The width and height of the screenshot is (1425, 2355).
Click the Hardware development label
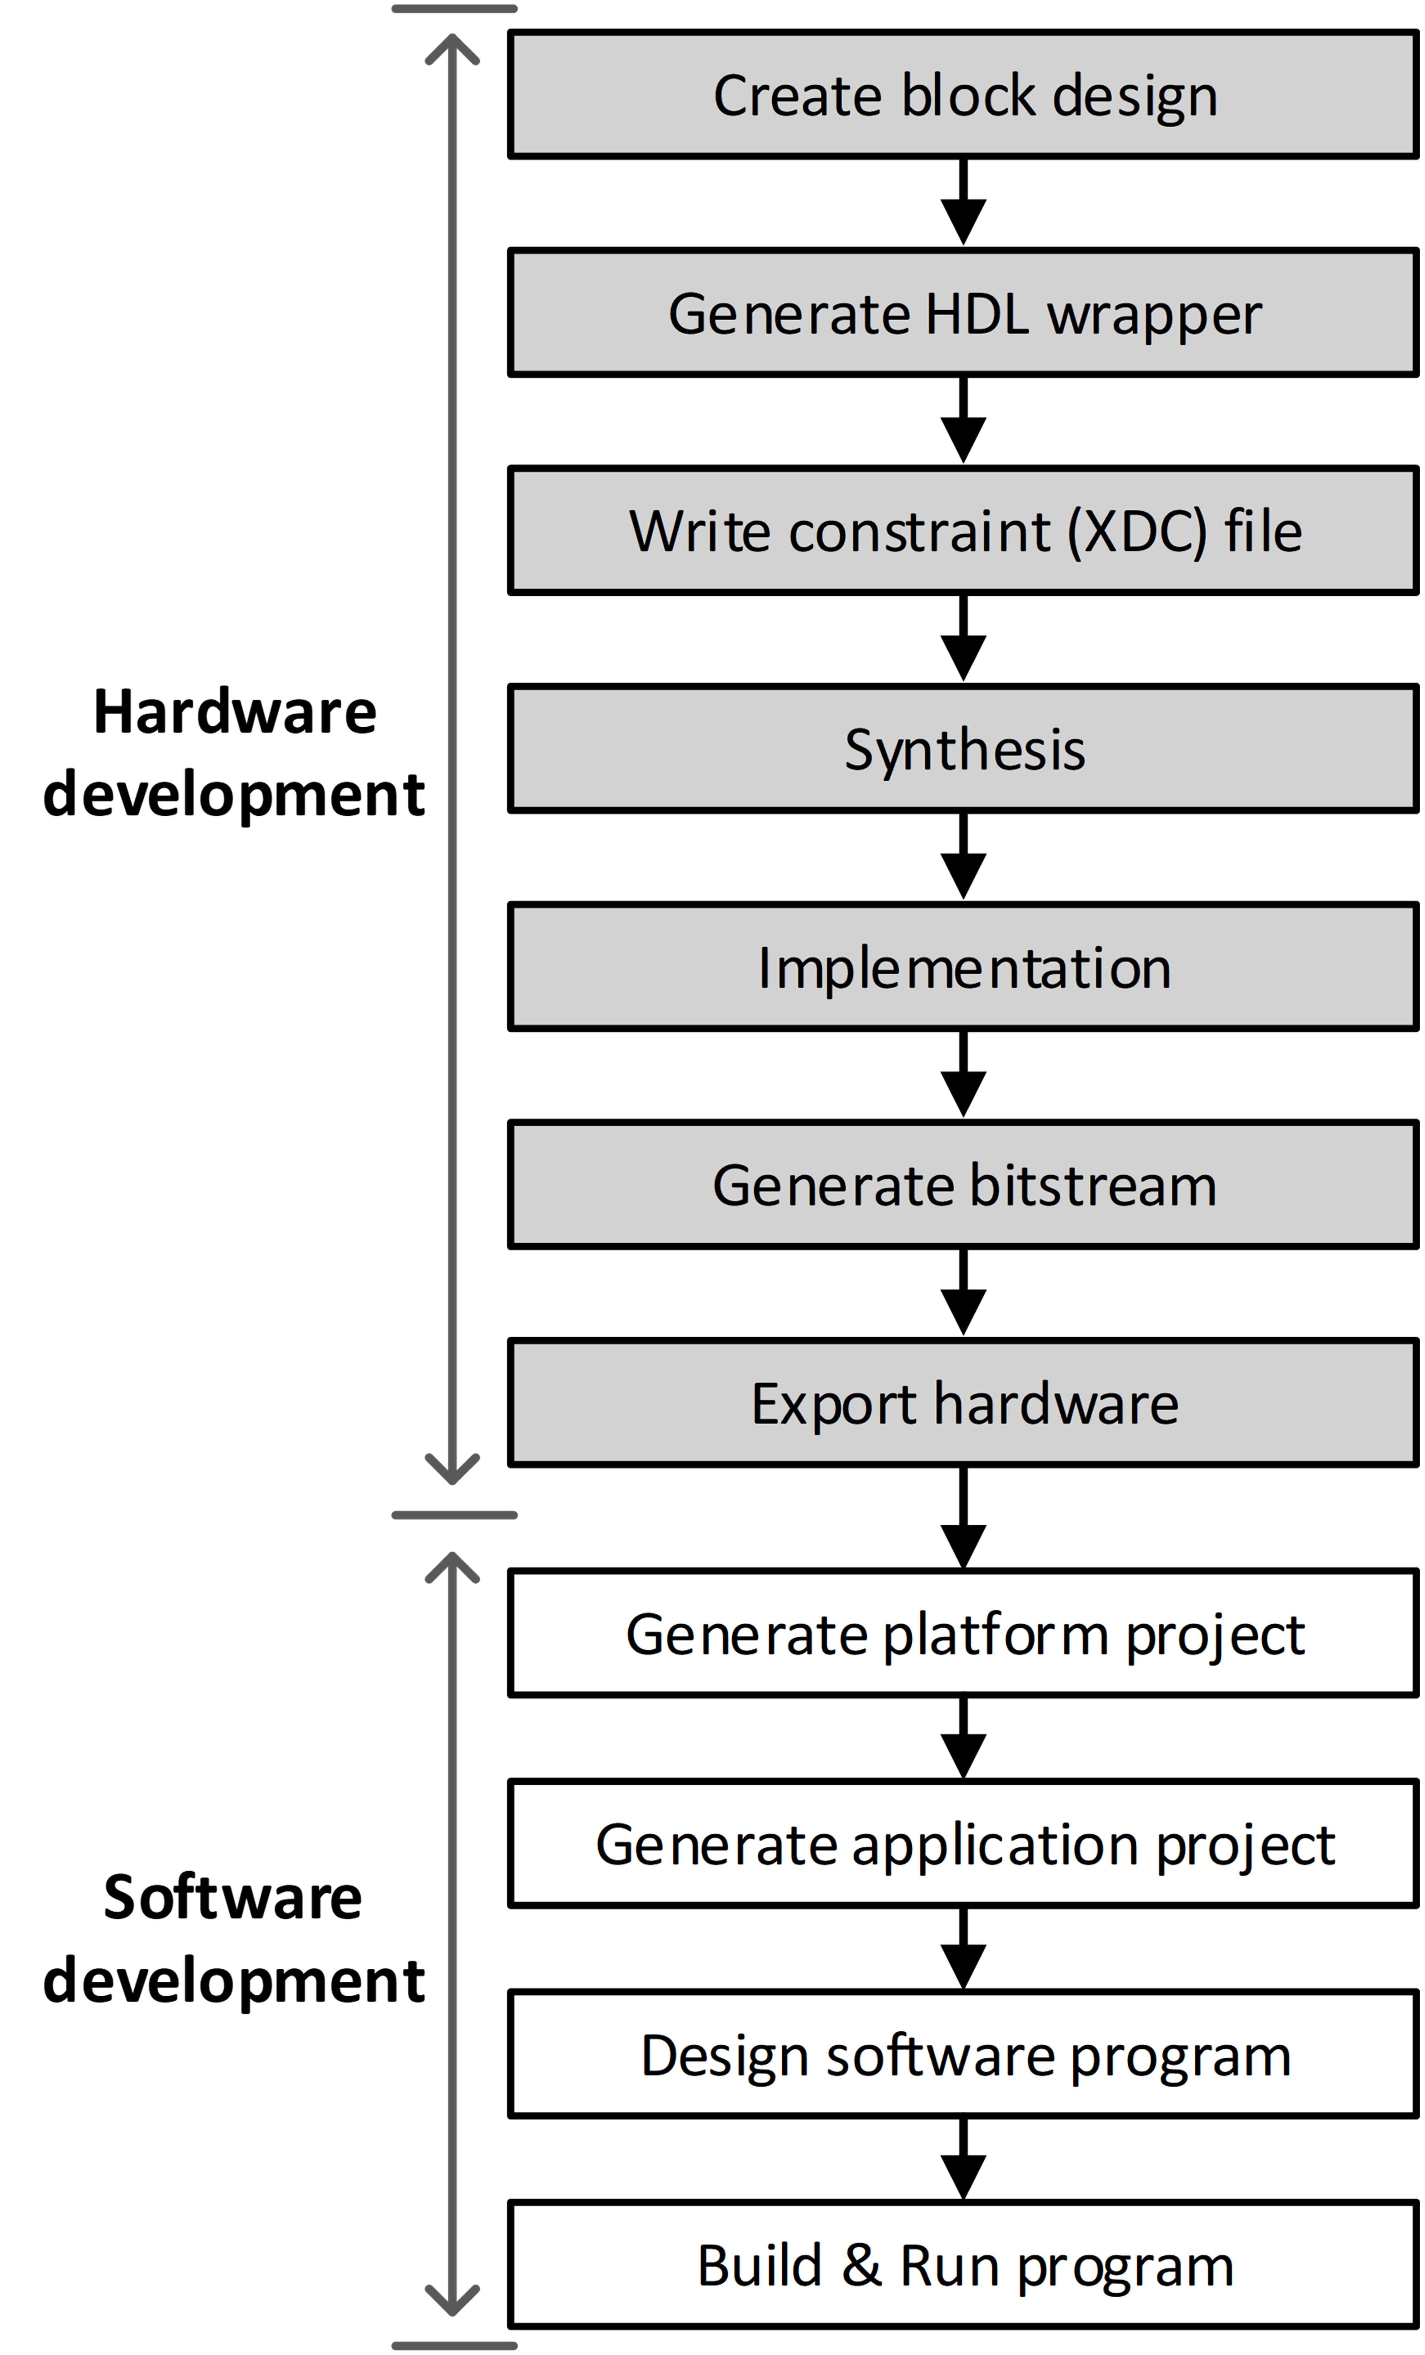point(234,753)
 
